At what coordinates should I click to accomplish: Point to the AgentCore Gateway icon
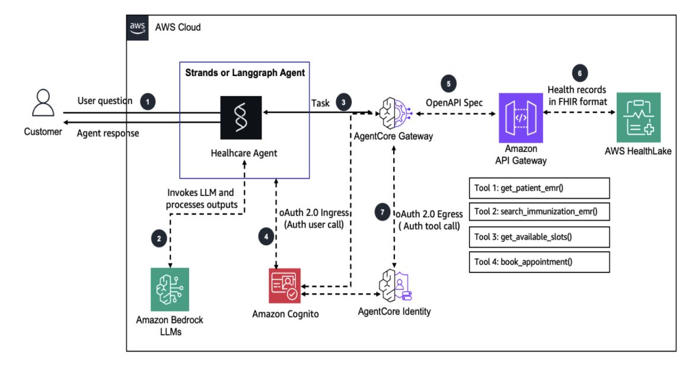[x=391, y=110]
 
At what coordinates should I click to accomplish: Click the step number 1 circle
[x=149, y=102]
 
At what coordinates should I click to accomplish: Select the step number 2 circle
[x=158, y=239]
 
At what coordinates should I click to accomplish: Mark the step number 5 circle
[x=448, y=84]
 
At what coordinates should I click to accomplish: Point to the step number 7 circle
[x=383, y=212]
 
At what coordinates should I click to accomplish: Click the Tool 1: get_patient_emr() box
[x=539, y=189]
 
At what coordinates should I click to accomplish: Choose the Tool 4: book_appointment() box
[x=539, y=262]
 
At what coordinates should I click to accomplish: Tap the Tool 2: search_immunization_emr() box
[x=539, y=212]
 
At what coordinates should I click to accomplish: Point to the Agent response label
[x=108, y=133]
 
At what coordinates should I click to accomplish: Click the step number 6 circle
[x=580, y=73]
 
